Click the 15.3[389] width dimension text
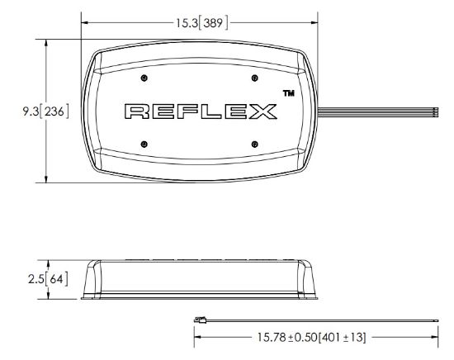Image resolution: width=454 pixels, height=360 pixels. point(202,23)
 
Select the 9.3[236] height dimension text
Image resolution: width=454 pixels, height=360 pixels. point(46,111)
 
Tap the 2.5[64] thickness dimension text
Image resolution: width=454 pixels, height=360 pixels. point(49,279)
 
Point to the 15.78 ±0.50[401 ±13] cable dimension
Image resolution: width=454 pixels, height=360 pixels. point(312,337)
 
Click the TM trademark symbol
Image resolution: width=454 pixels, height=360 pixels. point(289,93)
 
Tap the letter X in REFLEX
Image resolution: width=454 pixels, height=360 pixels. point(262,111)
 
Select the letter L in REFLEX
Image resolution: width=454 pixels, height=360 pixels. point(211,111)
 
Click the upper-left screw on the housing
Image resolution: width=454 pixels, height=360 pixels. point(144,78)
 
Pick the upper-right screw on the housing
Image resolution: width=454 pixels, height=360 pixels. point(254,78)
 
